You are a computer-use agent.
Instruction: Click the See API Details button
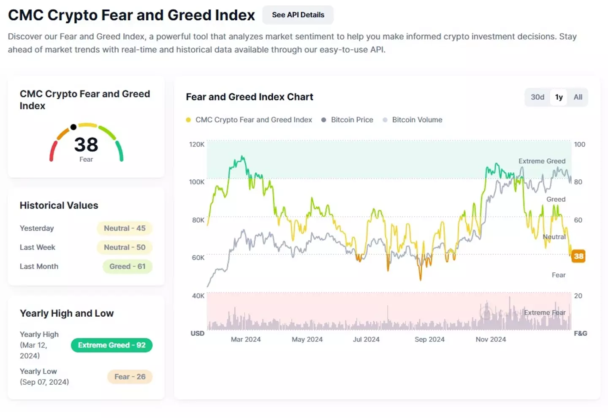tap(298, 15)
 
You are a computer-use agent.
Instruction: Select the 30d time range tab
tap(537, 97)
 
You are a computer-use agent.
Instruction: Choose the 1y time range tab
tap(559, 97)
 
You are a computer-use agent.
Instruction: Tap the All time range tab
tap(578, 97)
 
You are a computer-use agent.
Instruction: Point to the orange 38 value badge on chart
tap(578, 256)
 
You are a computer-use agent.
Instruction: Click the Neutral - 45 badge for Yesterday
tap(125, 228)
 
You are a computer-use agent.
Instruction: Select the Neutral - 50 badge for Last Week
tap(125, 247)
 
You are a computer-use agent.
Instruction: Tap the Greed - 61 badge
tap(127, 266)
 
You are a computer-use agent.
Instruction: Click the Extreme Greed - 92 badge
tap(111, 345)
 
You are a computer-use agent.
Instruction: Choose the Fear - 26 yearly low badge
tap(130, 377)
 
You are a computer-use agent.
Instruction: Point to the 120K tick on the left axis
tap(197, 144)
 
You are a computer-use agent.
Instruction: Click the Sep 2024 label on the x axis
tap(429, 339)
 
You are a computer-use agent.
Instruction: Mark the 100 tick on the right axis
tap(579, 144)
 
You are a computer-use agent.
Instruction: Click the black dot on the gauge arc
tap(73, 127)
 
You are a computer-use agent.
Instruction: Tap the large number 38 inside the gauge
tap(86, 145)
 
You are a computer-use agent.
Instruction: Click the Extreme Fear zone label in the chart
tap(544, 312)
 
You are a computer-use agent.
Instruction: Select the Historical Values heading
tap(59, 206)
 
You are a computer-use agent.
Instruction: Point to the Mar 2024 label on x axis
tap(246, 339)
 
